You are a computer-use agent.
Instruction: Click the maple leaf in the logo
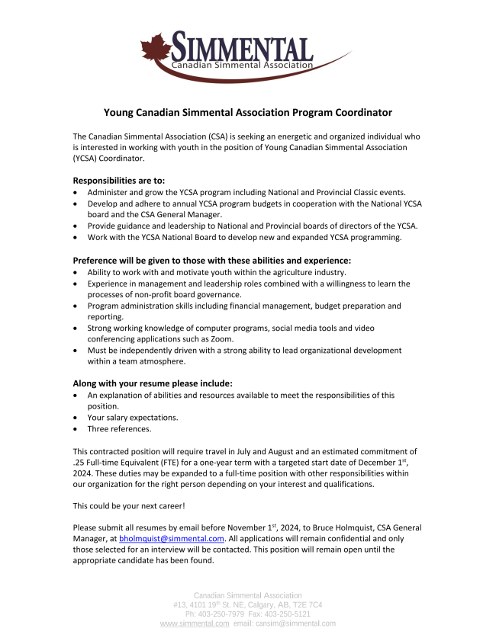156,48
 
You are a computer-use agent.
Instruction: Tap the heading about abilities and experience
211,260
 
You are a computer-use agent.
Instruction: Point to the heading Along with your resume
152,383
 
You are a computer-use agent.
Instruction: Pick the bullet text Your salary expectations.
133,418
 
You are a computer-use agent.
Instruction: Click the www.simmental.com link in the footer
195,623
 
